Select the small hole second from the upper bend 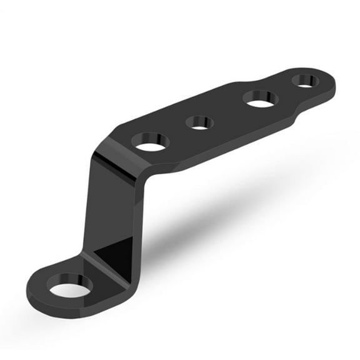199,122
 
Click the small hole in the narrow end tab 305,80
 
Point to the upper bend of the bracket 119,156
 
